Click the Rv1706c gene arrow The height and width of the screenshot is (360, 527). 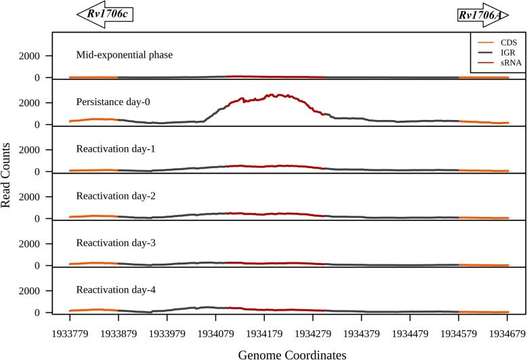102,14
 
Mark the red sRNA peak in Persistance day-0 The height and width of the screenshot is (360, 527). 270,96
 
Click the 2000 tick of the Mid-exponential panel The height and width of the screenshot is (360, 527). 36,56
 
